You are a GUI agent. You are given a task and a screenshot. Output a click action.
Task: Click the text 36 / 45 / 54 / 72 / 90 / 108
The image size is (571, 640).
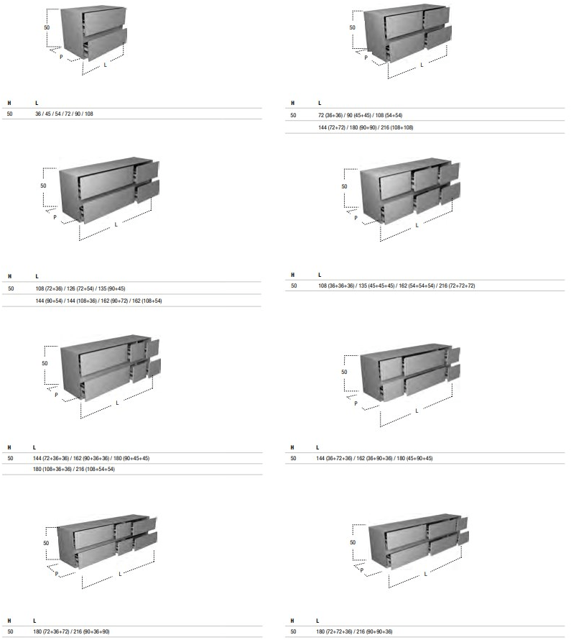[x=64, y=114]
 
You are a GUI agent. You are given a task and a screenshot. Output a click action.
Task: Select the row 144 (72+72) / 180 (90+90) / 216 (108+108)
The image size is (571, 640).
[x=366, y=127]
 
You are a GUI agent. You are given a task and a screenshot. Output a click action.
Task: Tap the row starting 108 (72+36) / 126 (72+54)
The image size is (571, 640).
[x=80, y=288]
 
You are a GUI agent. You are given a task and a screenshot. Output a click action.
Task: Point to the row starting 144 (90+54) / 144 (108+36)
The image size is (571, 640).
[x=98, y=301]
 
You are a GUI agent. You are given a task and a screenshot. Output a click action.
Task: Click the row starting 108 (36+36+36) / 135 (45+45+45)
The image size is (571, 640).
[x=396, y=285]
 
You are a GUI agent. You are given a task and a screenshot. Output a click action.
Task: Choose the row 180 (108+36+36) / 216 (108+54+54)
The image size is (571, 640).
[x=74, y=470]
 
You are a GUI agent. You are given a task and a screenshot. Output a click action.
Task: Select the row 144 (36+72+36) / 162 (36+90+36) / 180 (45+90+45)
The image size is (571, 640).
[x=374, y=458]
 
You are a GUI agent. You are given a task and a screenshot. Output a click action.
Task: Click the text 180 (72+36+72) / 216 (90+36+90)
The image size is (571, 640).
[x=71, y=631]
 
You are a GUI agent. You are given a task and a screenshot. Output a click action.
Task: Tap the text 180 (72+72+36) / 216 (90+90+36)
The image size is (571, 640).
[x=354, y=631]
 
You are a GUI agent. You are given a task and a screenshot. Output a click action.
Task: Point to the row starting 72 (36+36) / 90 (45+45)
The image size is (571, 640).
[x=361, y=116]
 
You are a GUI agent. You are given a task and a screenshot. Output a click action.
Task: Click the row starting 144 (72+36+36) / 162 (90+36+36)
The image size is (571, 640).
[x=91, y=458]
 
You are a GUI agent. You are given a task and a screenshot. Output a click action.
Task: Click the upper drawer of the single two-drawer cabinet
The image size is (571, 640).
[x=104, y=22]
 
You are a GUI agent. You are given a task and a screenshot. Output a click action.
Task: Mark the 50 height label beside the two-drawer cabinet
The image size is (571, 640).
[x=47, y=28]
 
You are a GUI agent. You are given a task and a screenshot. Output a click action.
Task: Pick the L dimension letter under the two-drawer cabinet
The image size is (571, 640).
[x=105, y=65]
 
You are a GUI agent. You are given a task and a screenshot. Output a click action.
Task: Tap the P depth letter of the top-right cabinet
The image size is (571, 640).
[x=366, y=58]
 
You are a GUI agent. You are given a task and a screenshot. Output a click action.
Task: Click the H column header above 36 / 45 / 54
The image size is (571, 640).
[x=9, y=104]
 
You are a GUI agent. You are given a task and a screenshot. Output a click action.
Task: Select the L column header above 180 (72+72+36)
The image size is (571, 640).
[x=317, y=621]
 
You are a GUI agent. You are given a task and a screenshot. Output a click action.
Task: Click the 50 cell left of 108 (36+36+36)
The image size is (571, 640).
[x=294, y=285]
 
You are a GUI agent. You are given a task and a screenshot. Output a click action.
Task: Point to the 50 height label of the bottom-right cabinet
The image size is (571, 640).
[x=353, y=542]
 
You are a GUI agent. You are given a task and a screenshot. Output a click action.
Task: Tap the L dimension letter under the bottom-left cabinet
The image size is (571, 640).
[x=120, y=574]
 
